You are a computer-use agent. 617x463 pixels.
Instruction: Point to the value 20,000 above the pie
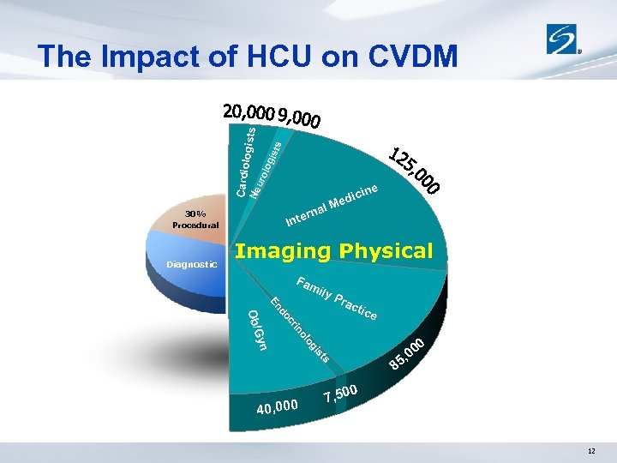pos(248,111)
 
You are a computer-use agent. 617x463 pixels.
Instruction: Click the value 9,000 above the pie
pos(299,117)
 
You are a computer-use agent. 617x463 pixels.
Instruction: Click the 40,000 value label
pos(277,406)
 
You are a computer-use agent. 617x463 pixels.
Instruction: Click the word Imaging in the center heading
pos(283,251)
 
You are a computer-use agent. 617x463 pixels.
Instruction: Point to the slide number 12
pos(591,452)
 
